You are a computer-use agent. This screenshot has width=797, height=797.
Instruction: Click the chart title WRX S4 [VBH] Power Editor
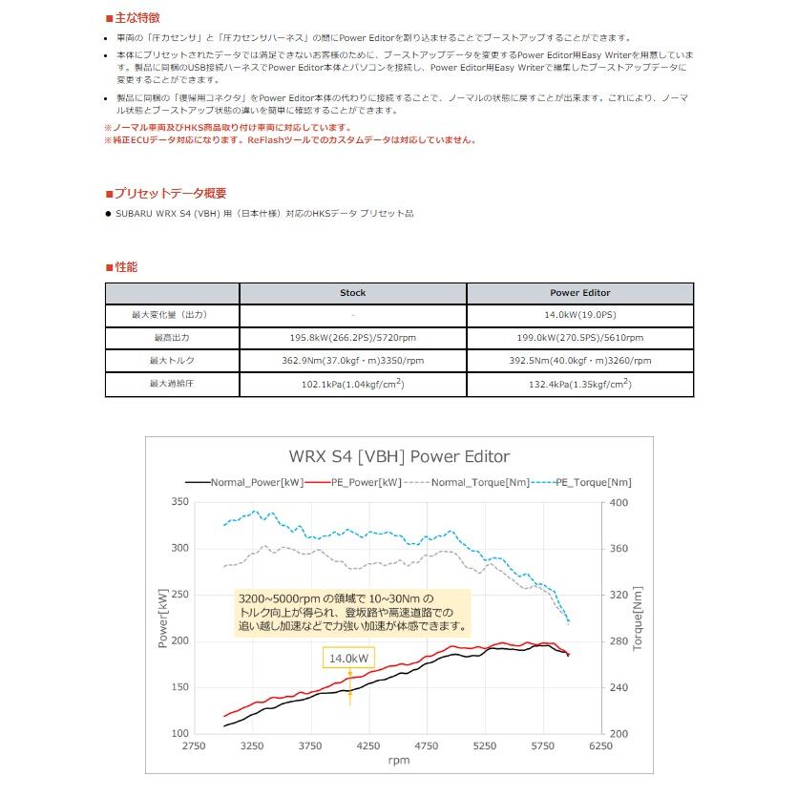(x=399, y=456)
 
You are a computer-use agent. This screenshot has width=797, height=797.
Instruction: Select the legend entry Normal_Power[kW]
(x=244, y=482)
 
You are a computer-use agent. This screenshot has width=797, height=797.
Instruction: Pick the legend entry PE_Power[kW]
(x=354, y=482)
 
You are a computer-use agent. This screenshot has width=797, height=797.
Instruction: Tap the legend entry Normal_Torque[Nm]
(x=467, y=482)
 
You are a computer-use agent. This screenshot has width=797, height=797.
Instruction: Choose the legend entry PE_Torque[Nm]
(x=581, y=482)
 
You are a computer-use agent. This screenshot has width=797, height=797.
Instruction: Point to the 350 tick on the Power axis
(x=180, y=502)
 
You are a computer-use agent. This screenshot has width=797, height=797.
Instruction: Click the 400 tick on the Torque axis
(x=619, y=503)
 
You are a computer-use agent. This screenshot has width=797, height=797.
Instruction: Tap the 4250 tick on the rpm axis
(x=368, y=745)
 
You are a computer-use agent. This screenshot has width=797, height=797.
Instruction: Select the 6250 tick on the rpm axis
(x=600, y=745)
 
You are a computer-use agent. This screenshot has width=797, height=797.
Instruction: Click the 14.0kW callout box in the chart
(x=348, y=658)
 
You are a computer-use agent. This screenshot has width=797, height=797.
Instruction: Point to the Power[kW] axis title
(x=162, y=619)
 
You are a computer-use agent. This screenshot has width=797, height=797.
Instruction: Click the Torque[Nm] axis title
(x=638, y=619)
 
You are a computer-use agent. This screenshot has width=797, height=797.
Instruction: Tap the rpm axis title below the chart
(x=399, y=761)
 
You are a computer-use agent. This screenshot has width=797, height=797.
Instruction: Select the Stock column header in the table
(x=353, y=293)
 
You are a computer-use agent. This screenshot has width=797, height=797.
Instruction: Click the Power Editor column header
(x=580, y=293)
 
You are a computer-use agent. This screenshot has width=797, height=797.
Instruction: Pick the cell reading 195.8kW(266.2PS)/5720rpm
(x=353, y=338)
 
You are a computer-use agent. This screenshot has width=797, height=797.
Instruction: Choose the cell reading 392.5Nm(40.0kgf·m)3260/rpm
(x=580, y=361)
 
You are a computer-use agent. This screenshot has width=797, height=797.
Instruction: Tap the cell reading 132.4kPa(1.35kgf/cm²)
(x=580, y=385)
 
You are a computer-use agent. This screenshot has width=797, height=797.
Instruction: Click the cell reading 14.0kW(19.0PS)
(x=580, y=315)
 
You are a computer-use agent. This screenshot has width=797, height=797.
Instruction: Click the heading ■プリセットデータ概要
(x=166, y=193)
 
